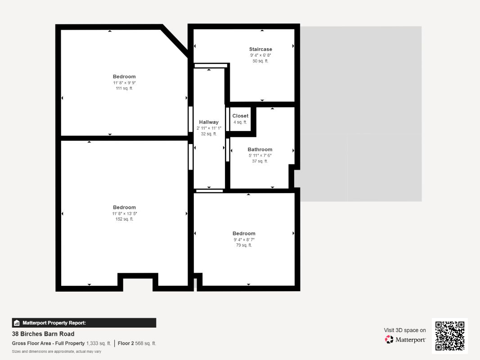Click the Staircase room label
tap(260, 49)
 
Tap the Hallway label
tap(209, 122)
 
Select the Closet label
tap(240, 116)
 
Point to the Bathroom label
tap(260, 149)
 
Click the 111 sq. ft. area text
tap(124, 88)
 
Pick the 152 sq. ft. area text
tap(124, 219)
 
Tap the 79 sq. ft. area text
tap(244, 245)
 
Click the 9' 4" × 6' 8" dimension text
tap(260, 55)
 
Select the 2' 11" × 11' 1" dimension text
tap(209, 128)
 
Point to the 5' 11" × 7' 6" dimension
tap(260, 156)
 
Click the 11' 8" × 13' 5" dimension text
tap(124, 214)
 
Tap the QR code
tap(450, 336)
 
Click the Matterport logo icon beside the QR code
tap(389, 339)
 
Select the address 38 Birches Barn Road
tap(43, 334)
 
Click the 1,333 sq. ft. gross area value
tap(99, 343)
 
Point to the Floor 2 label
tap(126, 343)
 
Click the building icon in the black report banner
tap(17, 323)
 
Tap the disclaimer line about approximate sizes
tap(56, 352)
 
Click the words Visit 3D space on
tap(405, 330)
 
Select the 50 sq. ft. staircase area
tap(260, 61)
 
